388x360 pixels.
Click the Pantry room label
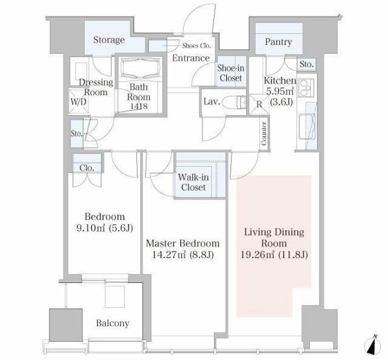tap(278, 42)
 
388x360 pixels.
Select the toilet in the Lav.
tap(234, 102)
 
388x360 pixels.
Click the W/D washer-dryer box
tap(79, 101)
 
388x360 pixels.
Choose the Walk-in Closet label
tap(193, 182)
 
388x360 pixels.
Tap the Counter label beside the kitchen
tap(264, 133)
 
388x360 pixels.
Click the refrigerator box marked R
tap(259, 104)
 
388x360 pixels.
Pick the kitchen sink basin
tap(307, 127)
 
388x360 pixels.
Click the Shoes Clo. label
tap(196, 46)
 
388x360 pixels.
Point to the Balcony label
tap(113, 323)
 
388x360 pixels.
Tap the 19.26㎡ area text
tap(257, 255)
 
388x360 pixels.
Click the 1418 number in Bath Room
tap(139, 107)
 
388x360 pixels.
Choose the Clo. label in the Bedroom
tap(87, 168)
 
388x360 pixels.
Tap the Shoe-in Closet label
tap(230, 73)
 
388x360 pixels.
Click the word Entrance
tap(191, 58)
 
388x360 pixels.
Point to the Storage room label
tap(109, 40)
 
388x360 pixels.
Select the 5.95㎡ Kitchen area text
tap(280, 92)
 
